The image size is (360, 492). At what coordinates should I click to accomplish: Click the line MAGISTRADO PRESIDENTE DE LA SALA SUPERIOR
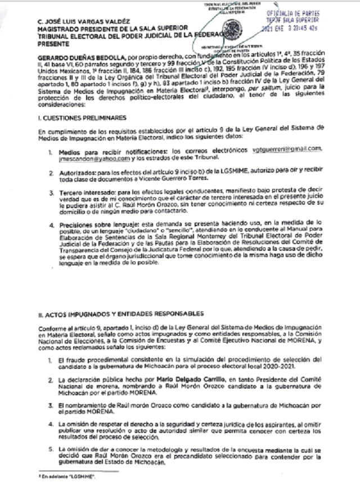click(x=116, y=27)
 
